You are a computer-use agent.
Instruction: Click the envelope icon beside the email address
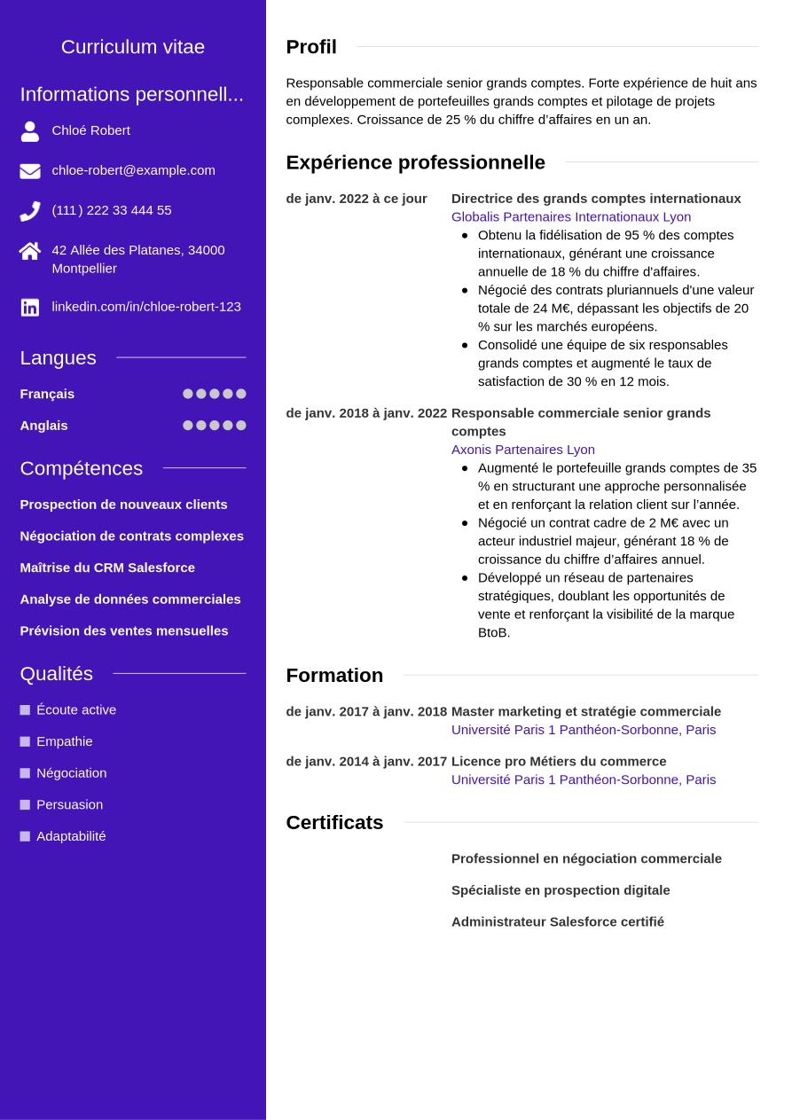point(30,171)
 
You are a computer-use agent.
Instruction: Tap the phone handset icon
point(30,211)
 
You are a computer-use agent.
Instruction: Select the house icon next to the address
point(30,251)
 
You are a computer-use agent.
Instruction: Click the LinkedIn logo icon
point(30,308)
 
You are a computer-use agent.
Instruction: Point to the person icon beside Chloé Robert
point(30,131)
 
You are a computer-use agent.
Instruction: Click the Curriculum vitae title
point(133,47)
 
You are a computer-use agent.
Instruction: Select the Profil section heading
point(311,47)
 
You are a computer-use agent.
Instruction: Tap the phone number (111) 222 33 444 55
point(112,210)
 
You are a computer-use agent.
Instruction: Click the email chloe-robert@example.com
point(133,170)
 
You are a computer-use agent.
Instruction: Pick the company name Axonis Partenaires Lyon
point(523,450)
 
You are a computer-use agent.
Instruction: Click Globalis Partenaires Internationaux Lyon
point(571,217)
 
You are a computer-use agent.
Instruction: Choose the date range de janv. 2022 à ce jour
point(357,199)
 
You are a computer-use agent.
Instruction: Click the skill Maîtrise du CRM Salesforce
point(107,568)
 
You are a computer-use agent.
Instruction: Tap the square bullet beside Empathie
point(25,741)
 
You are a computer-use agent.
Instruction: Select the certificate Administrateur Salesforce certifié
point(558,922)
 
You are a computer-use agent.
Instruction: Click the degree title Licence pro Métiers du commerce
point(559,762)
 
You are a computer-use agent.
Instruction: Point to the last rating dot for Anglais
point(241,426)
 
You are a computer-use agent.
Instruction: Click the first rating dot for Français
point(188,394)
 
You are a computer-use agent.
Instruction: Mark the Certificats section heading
point(334,823)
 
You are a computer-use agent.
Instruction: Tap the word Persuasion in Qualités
point(70,805)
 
